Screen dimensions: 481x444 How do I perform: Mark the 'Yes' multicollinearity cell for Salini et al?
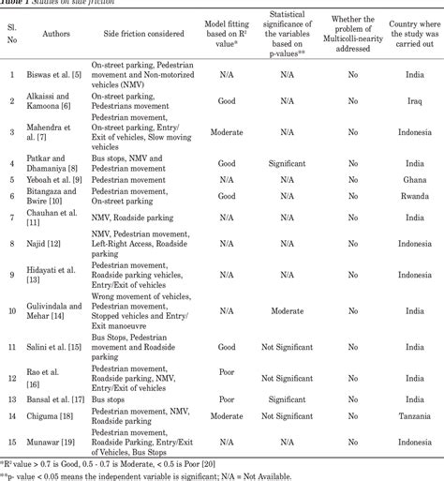point(351,347)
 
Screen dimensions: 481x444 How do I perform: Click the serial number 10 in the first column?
point(12,309)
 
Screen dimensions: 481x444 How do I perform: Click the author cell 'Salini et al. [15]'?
point(52,347)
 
